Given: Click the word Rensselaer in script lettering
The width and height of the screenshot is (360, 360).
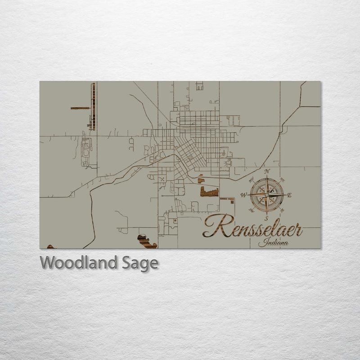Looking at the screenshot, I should (x=253, y=226).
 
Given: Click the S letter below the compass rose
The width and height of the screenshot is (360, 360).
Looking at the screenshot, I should (x=267, y=218).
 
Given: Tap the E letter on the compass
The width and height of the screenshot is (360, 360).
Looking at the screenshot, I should (x=289, y=195).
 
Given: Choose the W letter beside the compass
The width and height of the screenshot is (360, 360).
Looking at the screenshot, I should (x=244, y=195).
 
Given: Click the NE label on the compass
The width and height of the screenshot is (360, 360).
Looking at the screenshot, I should (x=282, y=180).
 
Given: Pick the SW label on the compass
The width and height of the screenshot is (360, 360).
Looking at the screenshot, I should (x=252, y=210).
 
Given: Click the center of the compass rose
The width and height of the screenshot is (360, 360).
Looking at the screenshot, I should (x=267, y=195).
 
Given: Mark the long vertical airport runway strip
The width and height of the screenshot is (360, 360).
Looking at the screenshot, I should (x=93, y=106).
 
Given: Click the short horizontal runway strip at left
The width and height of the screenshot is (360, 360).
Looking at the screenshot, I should (x=80, y=108).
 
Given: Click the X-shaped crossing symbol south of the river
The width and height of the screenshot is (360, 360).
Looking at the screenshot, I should (x=162, y=179).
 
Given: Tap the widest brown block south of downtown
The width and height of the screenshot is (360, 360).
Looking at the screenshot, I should (x=209, y=192).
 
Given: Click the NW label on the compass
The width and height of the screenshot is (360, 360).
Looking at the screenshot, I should (x=252, y=180).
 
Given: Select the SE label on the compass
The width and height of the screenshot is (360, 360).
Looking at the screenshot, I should (x=282, y=210).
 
